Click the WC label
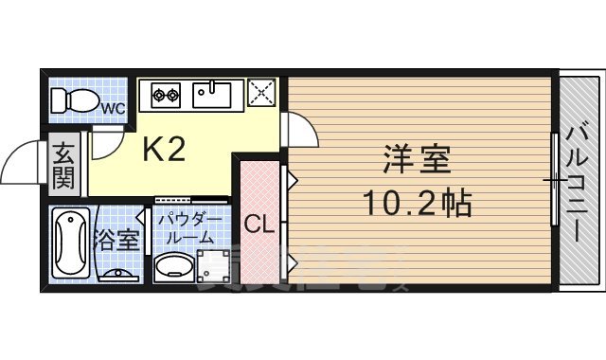click(x=114, y=108)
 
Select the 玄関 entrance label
click(x=63, y=163)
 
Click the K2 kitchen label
click(x=163, y=149)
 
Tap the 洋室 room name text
click(x=417, y=157)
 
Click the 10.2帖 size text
click(x=417, y=202)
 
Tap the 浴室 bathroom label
click(x=117, y=240)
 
